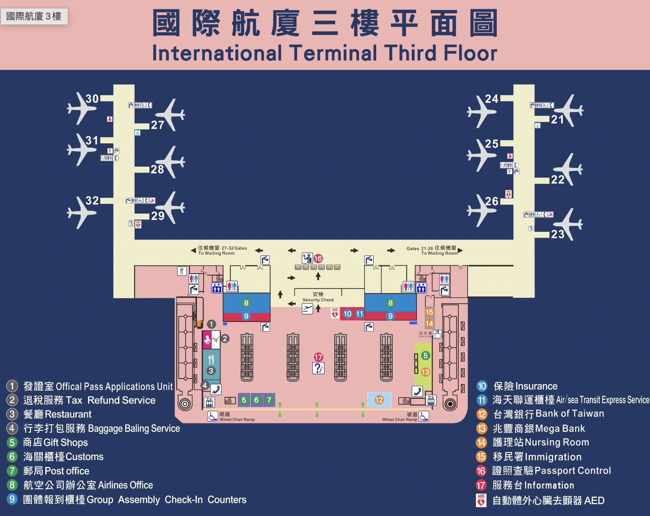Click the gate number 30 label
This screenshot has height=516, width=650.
(92, 99)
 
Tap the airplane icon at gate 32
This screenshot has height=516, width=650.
(81, 212)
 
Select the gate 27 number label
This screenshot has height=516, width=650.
(157, 125)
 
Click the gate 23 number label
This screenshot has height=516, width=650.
(558, 234)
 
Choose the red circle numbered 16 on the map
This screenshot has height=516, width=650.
(318, 258)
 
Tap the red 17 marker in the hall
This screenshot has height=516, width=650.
(319, 357)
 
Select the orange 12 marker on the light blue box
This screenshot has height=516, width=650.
(379, 400)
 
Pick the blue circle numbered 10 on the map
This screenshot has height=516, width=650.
(347, 314)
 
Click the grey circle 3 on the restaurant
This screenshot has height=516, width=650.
(211, 371)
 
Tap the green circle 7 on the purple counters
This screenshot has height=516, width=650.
(269, 400)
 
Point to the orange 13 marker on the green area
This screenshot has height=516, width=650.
(425, 372)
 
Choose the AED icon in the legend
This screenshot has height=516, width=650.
(481, 500)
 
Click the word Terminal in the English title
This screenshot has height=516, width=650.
(333, 53)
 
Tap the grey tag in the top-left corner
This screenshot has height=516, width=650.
(34, 16)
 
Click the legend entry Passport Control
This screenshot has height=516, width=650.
(573, 471)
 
